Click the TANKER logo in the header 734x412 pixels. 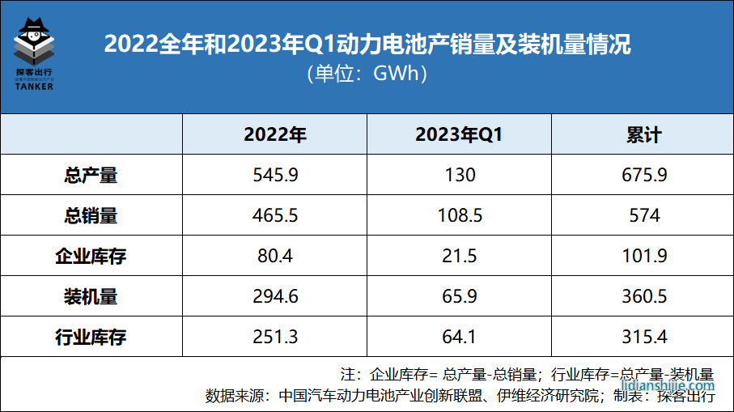pyautogui.click(x=34, y=53)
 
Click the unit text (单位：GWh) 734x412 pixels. pyautogui.click(x=367, y=74)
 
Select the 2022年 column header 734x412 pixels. pyautogui.click(x=275, y=134)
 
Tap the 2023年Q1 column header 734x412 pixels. pyautogui.click(x=459, y=134)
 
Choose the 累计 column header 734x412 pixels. pyautogui.click(x=643, y=134)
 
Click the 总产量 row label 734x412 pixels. pyautogui.click(x=91, y=175)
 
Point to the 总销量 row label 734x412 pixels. pyautogui.click(x=91, y=215)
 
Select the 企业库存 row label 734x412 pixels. pyautogui.click(x=91, y=256)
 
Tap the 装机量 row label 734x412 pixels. pyautogui.click(x=91, y=296)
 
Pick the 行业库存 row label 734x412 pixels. pyautogui.click(x=91, y=337)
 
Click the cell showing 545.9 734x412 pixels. pyautogui.click(x=275, y=175)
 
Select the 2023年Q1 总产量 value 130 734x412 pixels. pyautogui.click(x=459, y=175)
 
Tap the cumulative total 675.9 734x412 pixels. pyautogui.click(x=643, y=175)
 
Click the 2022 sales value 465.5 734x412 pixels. pyautogui.click(x=275, y=215)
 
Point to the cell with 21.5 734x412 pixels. pyautogui.click(x=459, y=256)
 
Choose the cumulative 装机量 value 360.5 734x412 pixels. pyautogui.click(x=643, y=296)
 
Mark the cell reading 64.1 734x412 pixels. pyautogui.click(x=459, y=337)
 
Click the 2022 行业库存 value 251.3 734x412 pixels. pyautogui.click(x=275, y=337)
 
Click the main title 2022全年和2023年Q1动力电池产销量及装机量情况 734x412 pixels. pyautogui.click(x=367, y=44)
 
